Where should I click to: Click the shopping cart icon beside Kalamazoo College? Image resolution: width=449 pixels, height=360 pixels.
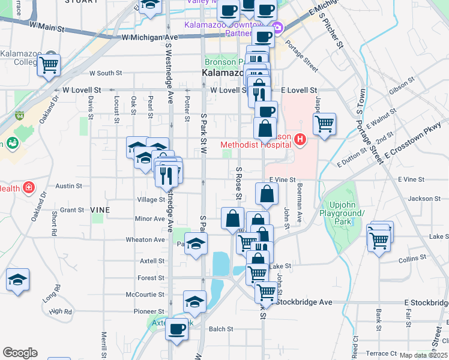point(49,64)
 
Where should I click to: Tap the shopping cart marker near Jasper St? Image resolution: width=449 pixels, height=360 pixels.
point(325,124)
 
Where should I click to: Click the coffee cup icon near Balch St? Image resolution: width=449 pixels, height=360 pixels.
point(176,329)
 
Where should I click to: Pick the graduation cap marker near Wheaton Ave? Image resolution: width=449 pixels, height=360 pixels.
point(195,244)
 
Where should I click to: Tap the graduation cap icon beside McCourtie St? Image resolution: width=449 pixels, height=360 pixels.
point(194,302)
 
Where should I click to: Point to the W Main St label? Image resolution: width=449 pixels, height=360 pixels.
point(46,27)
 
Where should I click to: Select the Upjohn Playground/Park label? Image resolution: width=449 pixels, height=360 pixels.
point(342,213)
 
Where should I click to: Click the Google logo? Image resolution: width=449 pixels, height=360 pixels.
point(20,353)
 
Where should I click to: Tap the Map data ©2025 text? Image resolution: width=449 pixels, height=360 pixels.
point(423,355)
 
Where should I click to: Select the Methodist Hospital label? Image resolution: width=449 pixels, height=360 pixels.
point(256,145)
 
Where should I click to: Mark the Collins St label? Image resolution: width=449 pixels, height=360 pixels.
point(411,259)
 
